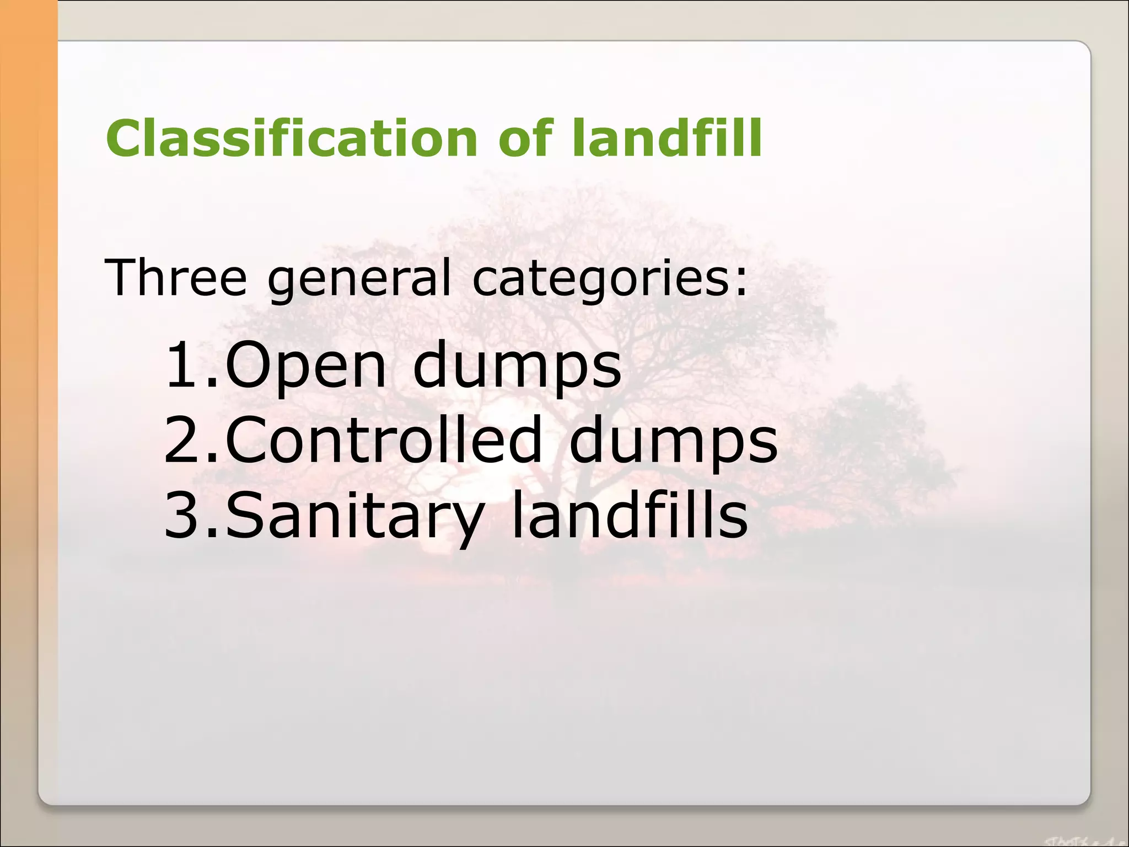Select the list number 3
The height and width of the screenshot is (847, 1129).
click(x=187, y=515)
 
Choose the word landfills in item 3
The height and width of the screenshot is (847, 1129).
click(x=629, y=515)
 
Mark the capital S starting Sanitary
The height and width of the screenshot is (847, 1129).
click(x=245, y=515)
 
